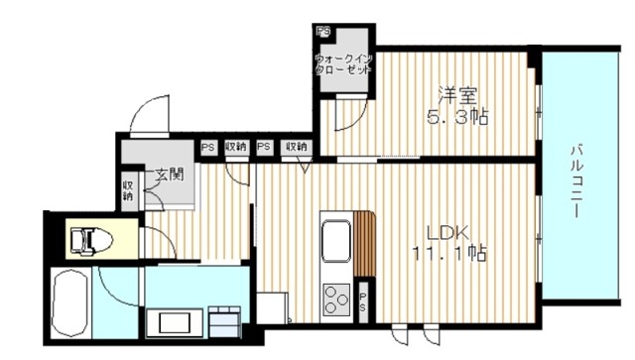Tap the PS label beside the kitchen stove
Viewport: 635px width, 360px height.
point(364,301)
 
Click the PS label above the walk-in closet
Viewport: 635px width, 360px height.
point(322,32)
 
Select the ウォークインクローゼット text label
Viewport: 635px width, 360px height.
point(343,64)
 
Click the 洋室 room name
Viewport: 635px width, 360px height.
point(458,97)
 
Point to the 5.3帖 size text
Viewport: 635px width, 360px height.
point(458,117)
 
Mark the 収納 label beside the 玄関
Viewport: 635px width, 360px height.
point(128,188)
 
